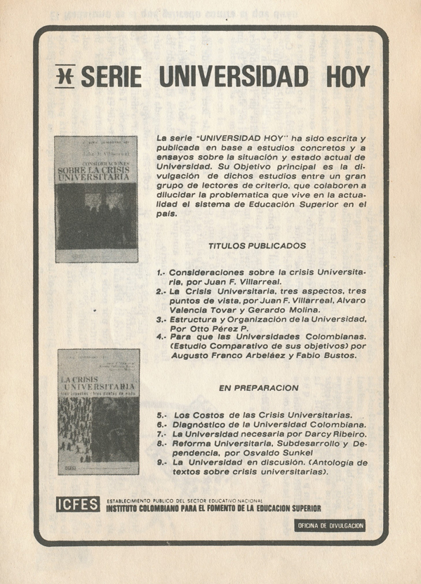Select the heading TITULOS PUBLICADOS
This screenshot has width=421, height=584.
(x=257, y=246)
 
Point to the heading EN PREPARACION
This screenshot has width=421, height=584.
(x=259, y=387)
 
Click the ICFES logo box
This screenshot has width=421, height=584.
(x=78, y=504)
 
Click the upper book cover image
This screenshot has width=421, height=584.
(x=96, y=199)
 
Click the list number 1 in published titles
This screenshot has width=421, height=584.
(x=159, y=271)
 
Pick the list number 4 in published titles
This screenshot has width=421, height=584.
(x=160, y=337)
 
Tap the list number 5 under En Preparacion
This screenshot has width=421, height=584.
(x=160, y=414)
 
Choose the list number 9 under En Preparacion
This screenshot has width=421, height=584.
(x=160, y=463)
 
